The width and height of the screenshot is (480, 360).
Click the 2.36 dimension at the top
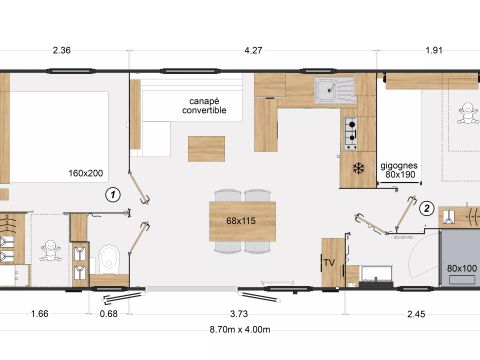tap(62, 50)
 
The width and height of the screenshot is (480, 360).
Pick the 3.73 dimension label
tap(239, 313)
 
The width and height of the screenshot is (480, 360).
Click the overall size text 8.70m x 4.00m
tap(240, 329)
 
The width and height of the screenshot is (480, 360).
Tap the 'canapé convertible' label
tap(206, 106)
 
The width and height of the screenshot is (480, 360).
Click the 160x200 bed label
tap(87, 172)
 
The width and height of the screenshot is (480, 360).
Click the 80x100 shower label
tap(461, 268)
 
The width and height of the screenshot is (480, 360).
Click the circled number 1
tap(114, 195)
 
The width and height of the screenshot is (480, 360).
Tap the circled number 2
tap(426, 209)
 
